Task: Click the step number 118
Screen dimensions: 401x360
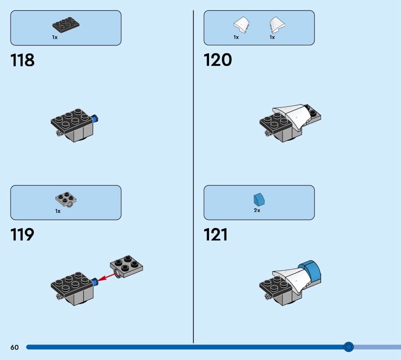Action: pos(22,60)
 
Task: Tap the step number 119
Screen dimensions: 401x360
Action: pos(22,235)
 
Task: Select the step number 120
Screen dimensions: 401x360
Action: pos(218,60)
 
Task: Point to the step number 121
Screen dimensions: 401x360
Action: pos(216,235)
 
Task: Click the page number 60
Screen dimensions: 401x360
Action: pos(15,347)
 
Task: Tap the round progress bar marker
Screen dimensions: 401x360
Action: pos(348,347)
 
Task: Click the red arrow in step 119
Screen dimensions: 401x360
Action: pos(107,277)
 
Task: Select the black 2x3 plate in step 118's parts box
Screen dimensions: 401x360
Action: pos(66,25)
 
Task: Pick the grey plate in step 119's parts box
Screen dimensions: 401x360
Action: pos(66,200)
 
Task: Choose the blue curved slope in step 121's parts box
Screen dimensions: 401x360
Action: pos(259,200)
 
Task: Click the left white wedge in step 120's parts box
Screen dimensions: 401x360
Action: pos(242,25)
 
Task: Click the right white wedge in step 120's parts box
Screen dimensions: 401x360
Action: pos(277,25)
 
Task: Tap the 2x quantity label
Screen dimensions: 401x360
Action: pos(257,210)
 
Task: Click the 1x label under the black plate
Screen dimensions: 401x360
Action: pos(55,38)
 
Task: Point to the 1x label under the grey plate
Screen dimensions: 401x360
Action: pos(58,211)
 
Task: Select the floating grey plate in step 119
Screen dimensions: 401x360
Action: pos(126,266)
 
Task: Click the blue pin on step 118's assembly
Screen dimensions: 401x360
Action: pos(95,119)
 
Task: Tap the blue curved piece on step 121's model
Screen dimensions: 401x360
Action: pos(310,272)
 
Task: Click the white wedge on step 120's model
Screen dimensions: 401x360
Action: pos(292,116)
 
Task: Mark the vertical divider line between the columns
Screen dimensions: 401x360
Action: pos(193,176)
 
